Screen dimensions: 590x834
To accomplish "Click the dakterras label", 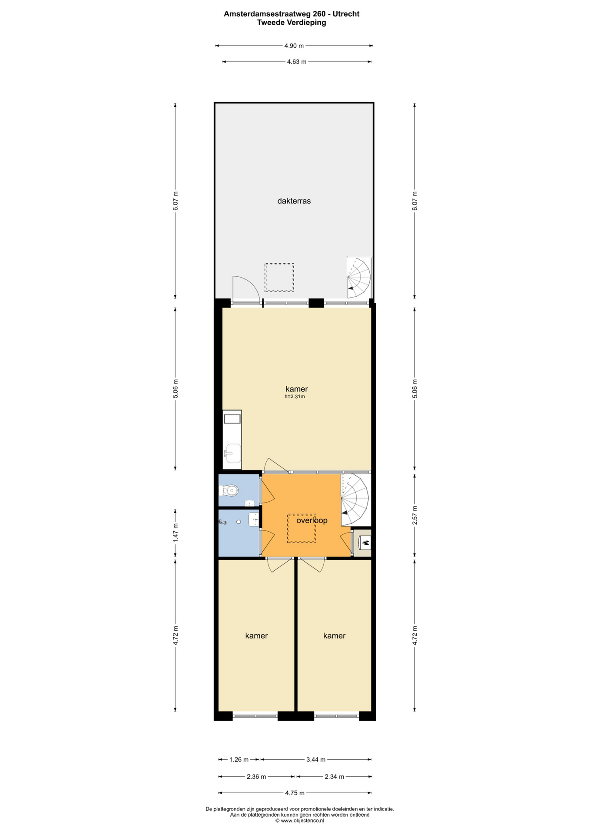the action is tap(294, 201).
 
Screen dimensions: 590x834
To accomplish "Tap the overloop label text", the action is tap(312, 520).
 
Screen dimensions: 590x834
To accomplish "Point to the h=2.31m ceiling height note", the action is tap(295, 397).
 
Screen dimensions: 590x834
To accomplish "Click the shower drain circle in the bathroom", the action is tap(239, 522).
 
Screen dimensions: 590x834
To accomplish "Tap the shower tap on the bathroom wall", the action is tap(223, 522).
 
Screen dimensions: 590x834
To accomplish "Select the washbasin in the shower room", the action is tap(253, 520).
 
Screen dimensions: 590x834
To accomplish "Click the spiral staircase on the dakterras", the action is tap(359, 278).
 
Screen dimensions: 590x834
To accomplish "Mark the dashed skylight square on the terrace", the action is tap(279, 277).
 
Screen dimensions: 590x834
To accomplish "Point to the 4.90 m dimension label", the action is tap(294, 46).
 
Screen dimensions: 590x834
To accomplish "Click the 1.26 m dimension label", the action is tap(239, 760).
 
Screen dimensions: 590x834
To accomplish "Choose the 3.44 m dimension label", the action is tap(316, 760).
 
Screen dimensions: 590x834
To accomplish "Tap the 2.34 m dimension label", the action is tap(335, 777).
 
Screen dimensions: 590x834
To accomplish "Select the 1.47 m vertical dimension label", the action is tap(176, 532).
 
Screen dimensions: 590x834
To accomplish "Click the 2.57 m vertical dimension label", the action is tap(414, 515).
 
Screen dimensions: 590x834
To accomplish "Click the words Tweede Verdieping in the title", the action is tap(292, 23).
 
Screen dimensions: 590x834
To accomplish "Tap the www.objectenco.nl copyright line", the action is tap(300, 821).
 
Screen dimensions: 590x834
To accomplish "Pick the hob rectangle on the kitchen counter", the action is tap(232, 419).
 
